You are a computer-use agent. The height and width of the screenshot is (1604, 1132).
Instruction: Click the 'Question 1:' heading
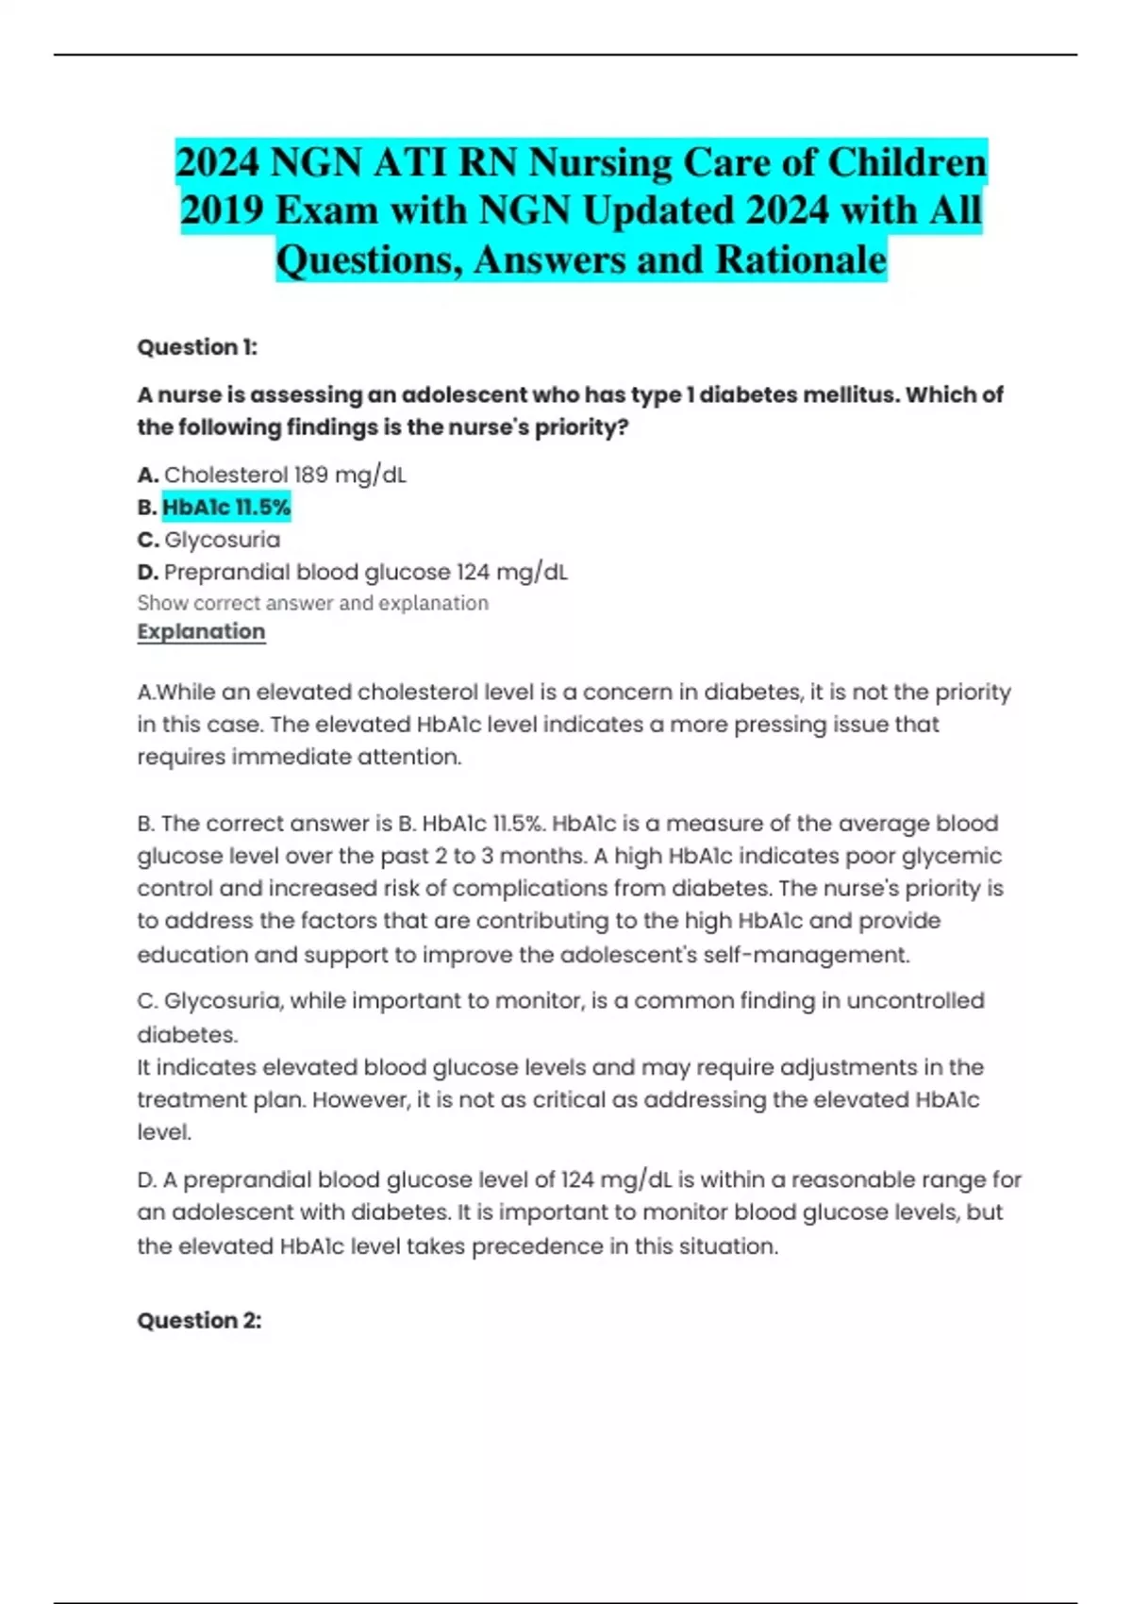pos(197,347)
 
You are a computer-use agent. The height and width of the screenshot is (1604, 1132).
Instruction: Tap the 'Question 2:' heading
pos(199,1320)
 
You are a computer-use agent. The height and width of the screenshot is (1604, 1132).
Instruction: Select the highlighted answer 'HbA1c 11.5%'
pos(226,508)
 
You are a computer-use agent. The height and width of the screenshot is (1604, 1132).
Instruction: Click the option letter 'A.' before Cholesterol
pos(149,476)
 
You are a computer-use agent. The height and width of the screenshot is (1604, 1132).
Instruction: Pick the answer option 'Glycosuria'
pos(223,540)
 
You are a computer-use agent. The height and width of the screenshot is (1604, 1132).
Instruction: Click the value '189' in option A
pos(311,475)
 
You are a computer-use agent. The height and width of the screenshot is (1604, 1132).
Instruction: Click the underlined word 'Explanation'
pos(201,631)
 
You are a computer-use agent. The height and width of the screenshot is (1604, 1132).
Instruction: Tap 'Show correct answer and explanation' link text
pos(312,603)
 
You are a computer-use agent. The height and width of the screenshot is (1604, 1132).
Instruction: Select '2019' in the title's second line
pos(223,210)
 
